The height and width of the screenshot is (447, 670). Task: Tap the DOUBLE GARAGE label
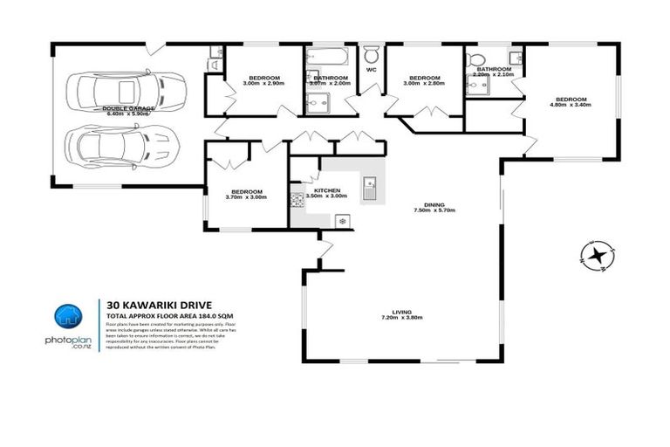(127, 107)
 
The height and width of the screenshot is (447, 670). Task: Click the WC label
(371, 69)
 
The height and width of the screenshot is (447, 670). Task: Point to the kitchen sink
(370, 187)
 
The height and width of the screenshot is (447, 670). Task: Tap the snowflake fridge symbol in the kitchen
(342, 222)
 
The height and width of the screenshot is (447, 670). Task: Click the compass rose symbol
(596, 256)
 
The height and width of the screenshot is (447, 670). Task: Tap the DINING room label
(434, 204)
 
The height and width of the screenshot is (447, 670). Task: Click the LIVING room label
(401, 311)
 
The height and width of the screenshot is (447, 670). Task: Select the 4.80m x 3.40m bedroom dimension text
(571, 105)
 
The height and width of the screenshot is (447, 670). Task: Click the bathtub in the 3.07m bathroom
(327, 58)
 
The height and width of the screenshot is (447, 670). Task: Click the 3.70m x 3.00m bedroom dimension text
(246, 197)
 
